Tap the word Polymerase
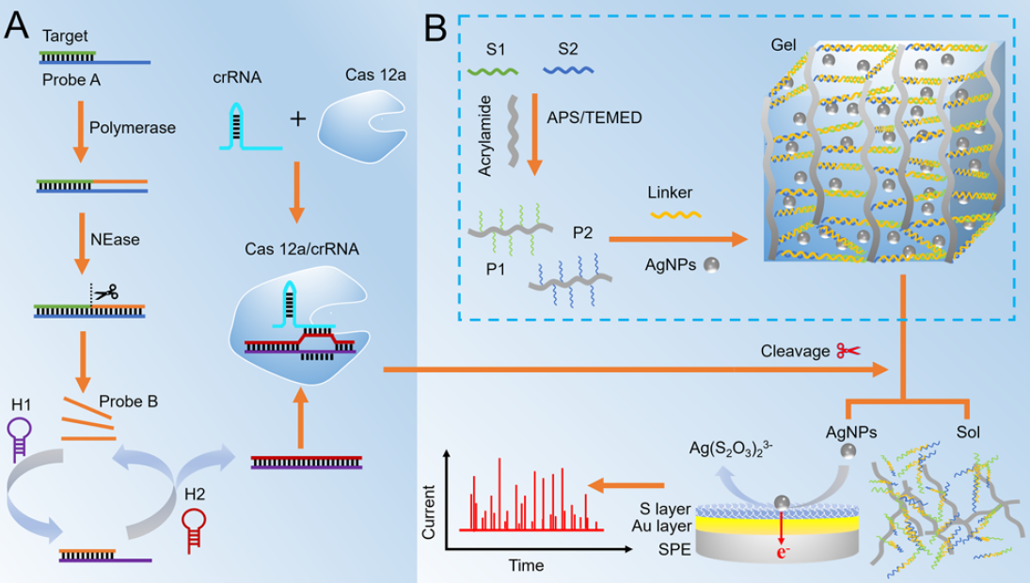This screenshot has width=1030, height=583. [x=132, y=128]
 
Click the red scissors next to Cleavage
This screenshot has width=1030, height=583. [x=848, y=351]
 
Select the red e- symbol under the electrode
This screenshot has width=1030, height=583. [x=783, y=551]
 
